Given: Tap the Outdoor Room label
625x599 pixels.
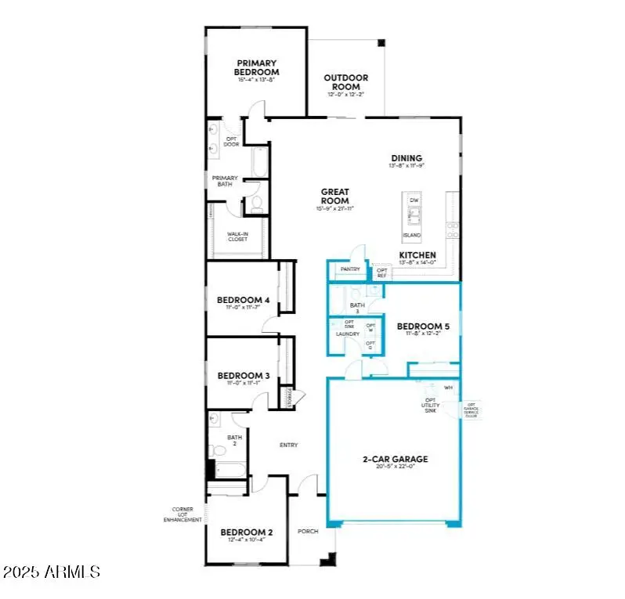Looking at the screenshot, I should click(x=347, y=82).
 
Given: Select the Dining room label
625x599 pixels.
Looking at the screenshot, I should click(x=406, y=158).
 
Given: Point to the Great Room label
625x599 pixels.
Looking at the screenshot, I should click(x=334, y=196).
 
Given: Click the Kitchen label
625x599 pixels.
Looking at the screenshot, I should click(x=417, y=255).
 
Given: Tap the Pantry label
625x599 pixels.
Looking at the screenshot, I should click(x=349, y=269).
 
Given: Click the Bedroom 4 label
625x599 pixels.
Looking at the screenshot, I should click(x=243, y=300).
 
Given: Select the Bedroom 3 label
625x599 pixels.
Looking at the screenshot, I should click(x=243, y=376).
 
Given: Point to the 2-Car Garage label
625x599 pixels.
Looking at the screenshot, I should click(x=395, y=460).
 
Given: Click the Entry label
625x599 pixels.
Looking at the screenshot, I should click(x=288, y=446).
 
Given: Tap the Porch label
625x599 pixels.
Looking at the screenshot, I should click(x=308, y=531).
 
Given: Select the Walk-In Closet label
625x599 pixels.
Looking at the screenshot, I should click(x=237, y=236).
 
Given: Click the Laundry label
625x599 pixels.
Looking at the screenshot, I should click(x=347, y=334).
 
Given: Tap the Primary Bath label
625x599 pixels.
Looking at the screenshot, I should click(x=225, y=182).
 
